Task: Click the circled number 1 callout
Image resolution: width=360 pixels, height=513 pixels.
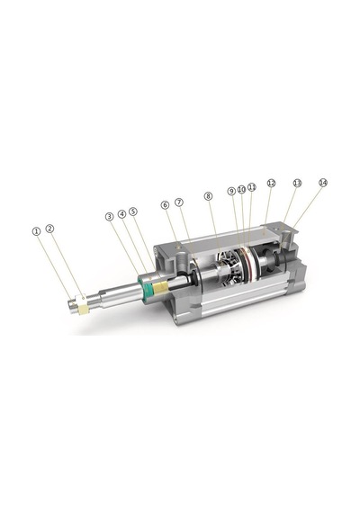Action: [36, 231]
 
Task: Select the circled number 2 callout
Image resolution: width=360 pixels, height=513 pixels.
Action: [49, 229]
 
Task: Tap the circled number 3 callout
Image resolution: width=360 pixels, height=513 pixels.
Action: [109, 216]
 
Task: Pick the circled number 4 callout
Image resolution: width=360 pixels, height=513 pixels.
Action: [121, 214]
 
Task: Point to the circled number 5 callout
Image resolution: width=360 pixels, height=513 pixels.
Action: [133, 211]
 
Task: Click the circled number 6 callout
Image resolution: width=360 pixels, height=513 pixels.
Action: [166, 205]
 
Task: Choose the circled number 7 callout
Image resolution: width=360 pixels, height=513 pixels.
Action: [179, 202]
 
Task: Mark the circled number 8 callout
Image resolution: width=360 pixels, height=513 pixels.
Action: [208, 196]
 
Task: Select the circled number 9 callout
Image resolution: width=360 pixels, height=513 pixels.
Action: [231, 191]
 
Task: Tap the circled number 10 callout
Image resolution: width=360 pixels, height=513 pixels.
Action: [241, 189]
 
